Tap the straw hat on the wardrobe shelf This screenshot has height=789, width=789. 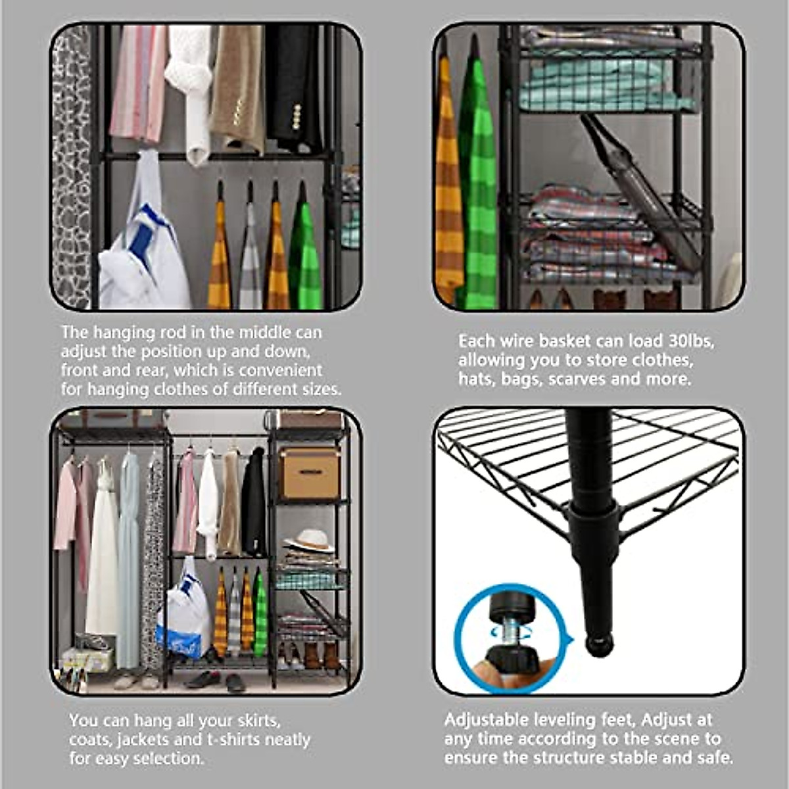(x=309, y=540)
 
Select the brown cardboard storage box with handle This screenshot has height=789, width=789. (x=310, y=473)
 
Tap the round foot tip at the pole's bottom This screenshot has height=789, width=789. (x=598, y=644)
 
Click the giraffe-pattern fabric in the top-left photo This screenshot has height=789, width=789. (x=70, y=164)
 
